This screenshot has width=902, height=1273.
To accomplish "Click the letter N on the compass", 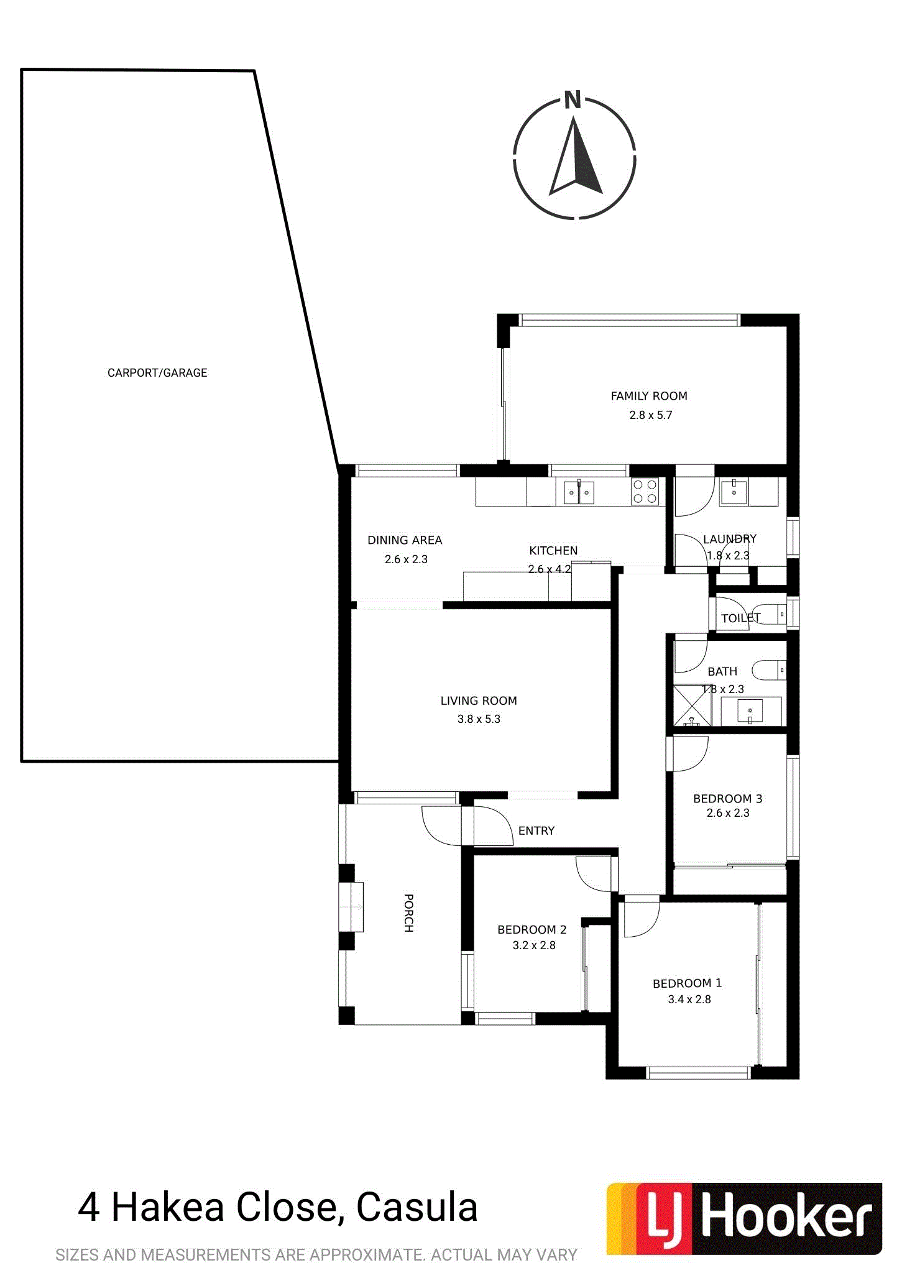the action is point(573,100).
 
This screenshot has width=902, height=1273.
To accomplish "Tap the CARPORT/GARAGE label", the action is point(157,373).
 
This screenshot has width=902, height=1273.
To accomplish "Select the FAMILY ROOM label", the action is point(649,396).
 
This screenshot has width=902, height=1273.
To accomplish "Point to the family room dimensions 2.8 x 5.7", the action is point(651,415).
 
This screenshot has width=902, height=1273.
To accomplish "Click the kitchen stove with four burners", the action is point(645,492).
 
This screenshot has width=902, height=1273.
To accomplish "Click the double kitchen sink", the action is point(579,492).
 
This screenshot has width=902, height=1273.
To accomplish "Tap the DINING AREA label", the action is point(405,540).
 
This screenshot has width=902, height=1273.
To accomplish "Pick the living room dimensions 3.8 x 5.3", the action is point(479,719).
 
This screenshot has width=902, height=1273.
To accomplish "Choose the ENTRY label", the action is point(536,830).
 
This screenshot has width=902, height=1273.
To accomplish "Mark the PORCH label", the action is point(408,913).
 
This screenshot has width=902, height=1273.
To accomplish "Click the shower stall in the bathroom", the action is point(693,705).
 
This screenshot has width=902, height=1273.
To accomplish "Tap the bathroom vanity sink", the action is point(750,710).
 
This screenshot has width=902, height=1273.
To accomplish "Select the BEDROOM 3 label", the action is point(728,799).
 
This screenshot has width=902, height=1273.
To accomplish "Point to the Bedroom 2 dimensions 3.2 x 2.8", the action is point(534,945).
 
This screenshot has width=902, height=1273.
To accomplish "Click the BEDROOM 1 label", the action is point(688,983).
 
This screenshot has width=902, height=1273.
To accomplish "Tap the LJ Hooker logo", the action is point(744,1218).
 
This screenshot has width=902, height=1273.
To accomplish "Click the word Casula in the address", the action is point(417,1207).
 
